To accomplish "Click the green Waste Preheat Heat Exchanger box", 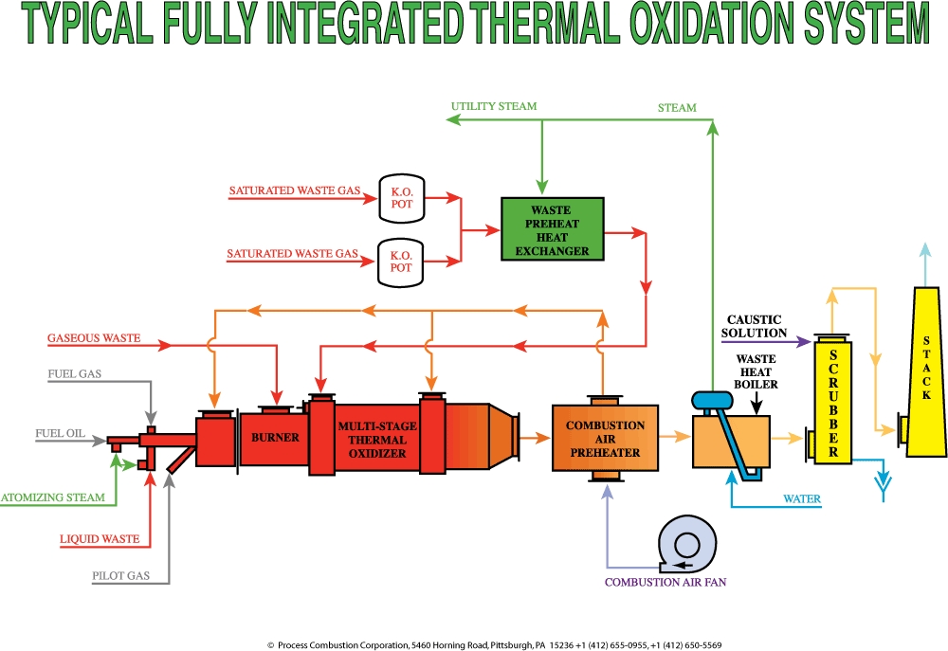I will click(x=553, y=228).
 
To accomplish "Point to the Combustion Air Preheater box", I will click(x=606, y=439).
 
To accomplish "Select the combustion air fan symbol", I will click(x=686, y=544).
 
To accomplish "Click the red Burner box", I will click(x=275, y=438).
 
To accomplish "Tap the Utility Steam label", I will click(x=494, y=106).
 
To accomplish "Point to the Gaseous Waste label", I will click(x=94, y=338).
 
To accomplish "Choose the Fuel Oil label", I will click(x=60, y=434).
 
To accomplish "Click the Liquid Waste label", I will click(x=100, y=539).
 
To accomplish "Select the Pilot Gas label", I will click(x=128, y=575).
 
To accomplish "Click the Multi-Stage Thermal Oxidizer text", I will click(x=372, y=440).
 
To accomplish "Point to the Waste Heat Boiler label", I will click(x=757, y=371).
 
